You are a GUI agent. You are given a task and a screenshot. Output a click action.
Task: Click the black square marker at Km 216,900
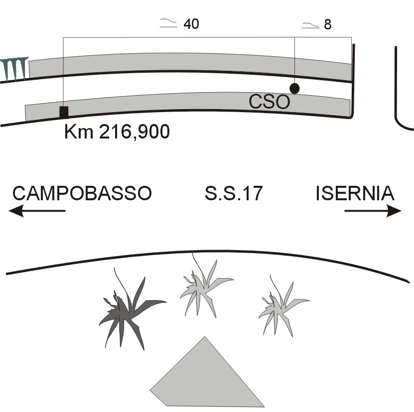pos(64,112)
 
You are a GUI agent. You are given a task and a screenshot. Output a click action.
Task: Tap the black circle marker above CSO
pos(294,88)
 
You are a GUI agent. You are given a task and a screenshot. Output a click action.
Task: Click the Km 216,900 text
pos(117,133)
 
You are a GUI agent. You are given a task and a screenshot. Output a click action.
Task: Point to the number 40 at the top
pos(191,24)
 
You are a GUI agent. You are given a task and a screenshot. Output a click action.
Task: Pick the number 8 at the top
pos(327,24)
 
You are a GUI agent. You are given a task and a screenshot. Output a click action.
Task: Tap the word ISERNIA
pos(355,193)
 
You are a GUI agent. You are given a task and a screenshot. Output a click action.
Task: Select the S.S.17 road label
pos(233,194)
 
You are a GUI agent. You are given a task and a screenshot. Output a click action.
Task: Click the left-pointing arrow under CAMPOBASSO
pos(37,211)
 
